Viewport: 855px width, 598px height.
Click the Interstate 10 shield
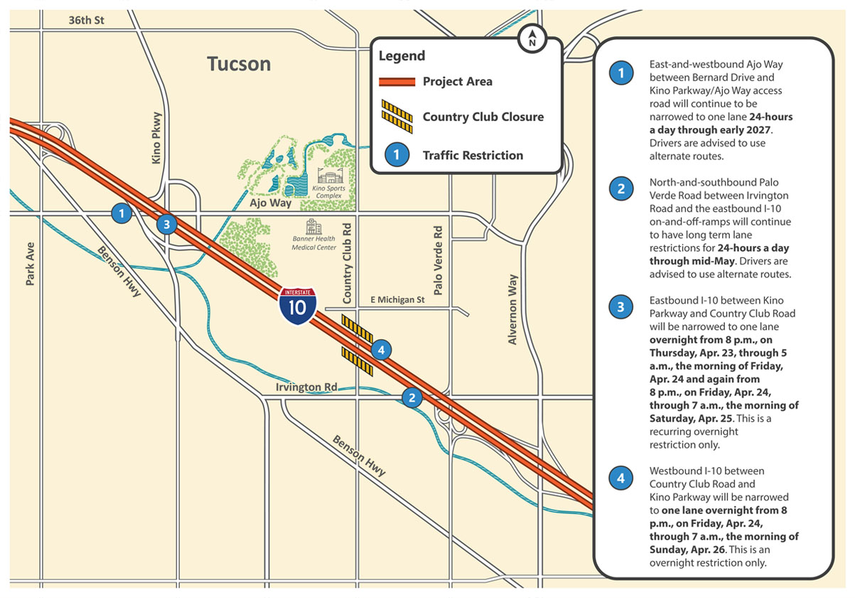pyautogui.click(x=298, y=305)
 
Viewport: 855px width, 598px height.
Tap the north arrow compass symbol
pyautogui.click(x=531, y=39)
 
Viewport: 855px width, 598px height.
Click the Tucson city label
pyautogui.click(x=239, y=64)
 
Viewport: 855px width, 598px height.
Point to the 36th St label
pyautogui.click(x=86, y=21)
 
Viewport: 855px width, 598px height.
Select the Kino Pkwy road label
pyautogui.click(x=157, y=138)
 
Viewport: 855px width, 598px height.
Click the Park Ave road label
pyautogui.click(x=30, y=264)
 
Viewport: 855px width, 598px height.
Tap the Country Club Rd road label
pyautogui.click(x=348, y=263)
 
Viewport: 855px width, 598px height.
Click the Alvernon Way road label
pyautogui.click(x=512, y=309)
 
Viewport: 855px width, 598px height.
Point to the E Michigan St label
pyautogui.click(x=398, y=300)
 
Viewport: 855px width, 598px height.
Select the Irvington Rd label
pyautogui.click(x=306, y=387)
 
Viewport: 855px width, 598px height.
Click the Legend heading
pyautogui.click(x=402, y=56)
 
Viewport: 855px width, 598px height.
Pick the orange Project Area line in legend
pyautogui.click(x=397, y=82)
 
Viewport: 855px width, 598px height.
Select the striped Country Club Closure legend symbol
pyautogui.click(x=397, y=116)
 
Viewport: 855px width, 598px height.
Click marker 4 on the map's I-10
pyautogui.click(x=381, y=349)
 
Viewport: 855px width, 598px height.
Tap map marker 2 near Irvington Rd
pyautogui.click(x=412, y=397)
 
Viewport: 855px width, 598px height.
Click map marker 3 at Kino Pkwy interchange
pyautogui.click(x=166, y=225)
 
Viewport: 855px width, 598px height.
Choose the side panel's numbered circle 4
pyautogui.click(x=621, y=479)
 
